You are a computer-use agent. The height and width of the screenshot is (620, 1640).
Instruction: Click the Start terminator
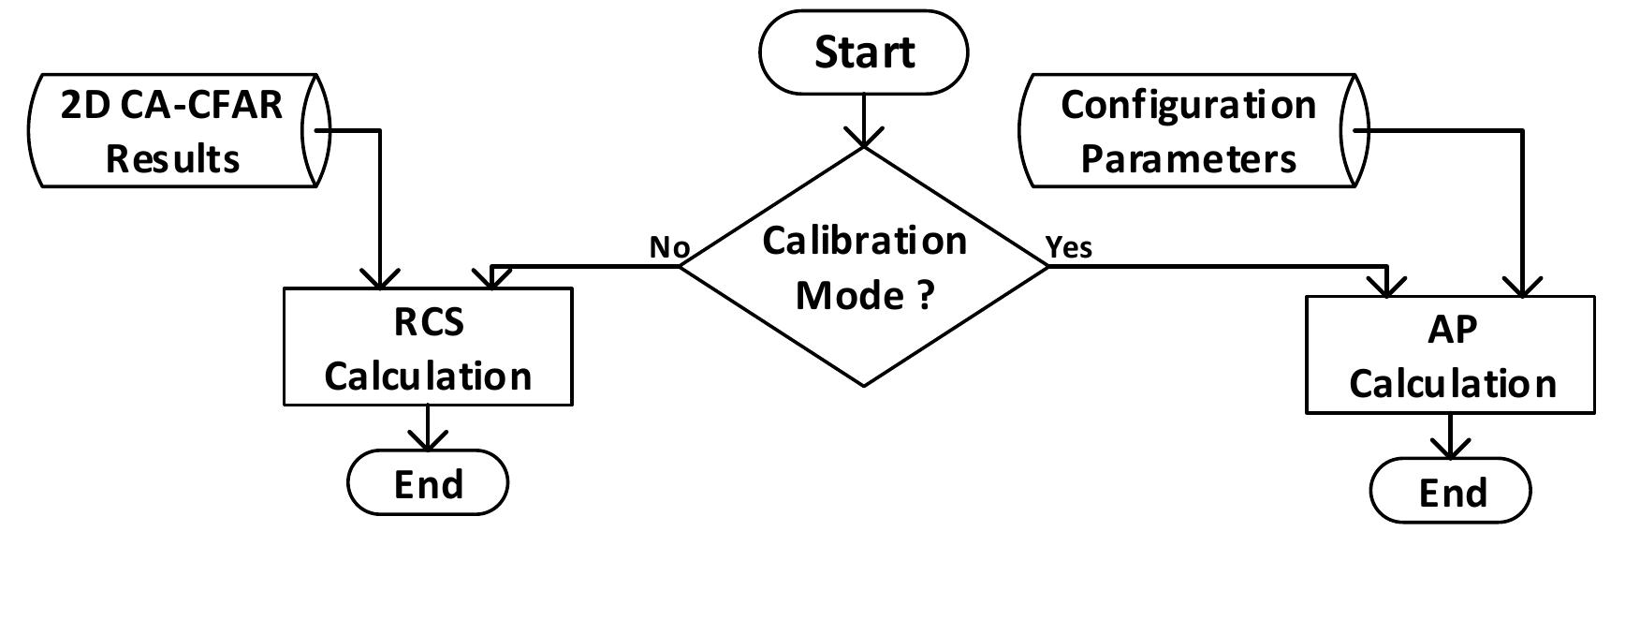(862, 52)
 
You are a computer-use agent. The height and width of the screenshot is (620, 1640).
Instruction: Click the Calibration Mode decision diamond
(863, 267)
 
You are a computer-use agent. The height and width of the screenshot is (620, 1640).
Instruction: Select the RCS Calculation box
(428, 347)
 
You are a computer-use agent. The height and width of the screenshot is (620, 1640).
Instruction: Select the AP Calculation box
(1450, 355)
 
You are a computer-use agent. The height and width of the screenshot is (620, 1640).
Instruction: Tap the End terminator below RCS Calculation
(428, 483)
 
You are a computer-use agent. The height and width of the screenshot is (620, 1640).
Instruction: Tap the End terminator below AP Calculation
(1450, 492)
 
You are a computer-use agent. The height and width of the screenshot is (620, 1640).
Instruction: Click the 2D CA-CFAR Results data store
(173, 131)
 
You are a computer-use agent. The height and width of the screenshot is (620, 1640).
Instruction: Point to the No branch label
(669, 247)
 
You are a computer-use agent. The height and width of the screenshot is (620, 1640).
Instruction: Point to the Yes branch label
(1068, 247)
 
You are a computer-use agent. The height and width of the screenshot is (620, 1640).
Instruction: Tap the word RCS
(428, 323)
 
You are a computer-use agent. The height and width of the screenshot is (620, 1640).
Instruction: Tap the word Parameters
(1188, 158)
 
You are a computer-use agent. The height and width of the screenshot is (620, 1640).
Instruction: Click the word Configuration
(1188, 105)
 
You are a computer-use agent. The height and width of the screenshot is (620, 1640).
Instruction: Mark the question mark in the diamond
(923, 295)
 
